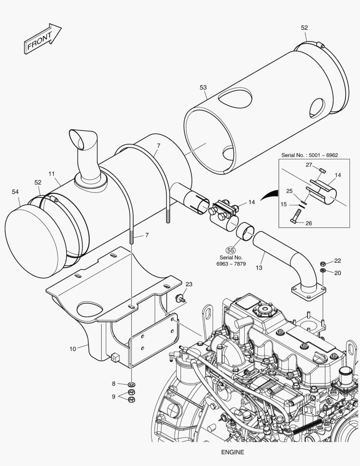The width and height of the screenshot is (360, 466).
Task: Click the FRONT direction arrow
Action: click(42, 39)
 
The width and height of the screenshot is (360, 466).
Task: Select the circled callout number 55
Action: click(231, 250)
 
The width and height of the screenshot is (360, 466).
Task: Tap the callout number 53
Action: click(203, 88)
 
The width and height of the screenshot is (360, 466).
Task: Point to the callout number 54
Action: click(16, 191)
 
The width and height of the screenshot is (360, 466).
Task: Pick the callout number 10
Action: click(73, 347)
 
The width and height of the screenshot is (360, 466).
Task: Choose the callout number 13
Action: click(259, 268)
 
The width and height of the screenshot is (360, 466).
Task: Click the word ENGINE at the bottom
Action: click(232, 452)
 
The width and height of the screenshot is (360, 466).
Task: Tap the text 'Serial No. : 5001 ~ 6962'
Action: click(310, 154)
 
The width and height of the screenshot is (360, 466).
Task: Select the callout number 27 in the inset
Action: click(309, 164)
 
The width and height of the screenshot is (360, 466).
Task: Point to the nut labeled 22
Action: click(323, 263)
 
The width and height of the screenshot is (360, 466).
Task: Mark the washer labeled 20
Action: click(323, 271)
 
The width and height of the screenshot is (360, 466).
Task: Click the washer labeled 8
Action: click(132, 384)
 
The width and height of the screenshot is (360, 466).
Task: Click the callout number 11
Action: click(51, 174)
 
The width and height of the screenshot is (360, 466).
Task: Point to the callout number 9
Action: click(114, 396)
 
